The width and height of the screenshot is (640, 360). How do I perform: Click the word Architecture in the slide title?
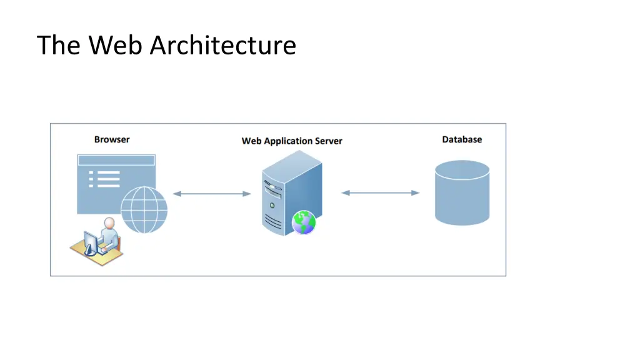pyautogui.click(x=222, y=46)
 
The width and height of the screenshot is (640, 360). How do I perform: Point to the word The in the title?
pyautogui.click(x=59, y=46)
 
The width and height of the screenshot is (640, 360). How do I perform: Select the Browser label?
pyautogui.click(x=112, y=139)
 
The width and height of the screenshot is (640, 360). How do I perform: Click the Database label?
pyautogui.click(x=462, y=139)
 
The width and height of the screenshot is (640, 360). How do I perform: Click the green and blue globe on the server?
pyautogui.click(x=304, y=222)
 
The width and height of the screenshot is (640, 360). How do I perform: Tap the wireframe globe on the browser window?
pyautogui.click(x=144, y=209)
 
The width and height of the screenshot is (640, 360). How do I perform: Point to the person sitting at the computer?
pyautogui.click(x=109, y=236)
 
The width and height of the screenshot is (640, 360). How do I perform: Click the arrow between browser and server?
pyautogui.click(x=211, y=194)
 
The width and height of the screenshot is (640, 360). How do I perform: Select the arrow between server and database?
pyautogui.click(x=380, y=192)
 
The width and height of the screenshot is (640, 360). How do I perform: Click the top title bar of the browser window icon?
pyautogui.click(x=116, y=160)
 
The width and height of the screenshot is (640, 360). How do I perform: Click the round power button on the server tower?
pyautogui.click(x=271, y=205)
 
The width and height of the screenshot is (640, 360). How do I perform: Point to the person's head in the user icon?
pyautogui.click(x=109, y=223)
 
